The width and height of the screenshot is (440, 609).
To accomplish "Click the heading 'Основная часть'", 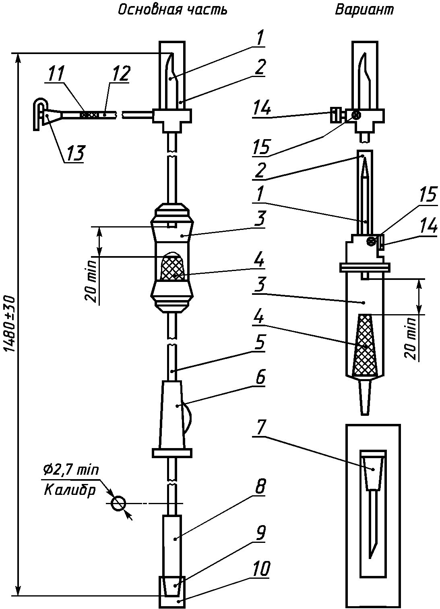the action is [173, 10].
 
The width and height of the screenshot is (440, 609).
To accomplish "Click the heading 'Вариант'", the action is [365, 10].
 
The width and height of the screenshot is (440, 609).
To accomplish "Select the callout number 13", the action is [74, 153].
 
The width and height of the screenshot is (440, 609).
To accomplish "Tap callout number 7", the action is [260, 428].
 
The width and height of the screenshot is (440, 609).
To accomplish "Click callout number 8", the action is [260, 487].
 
